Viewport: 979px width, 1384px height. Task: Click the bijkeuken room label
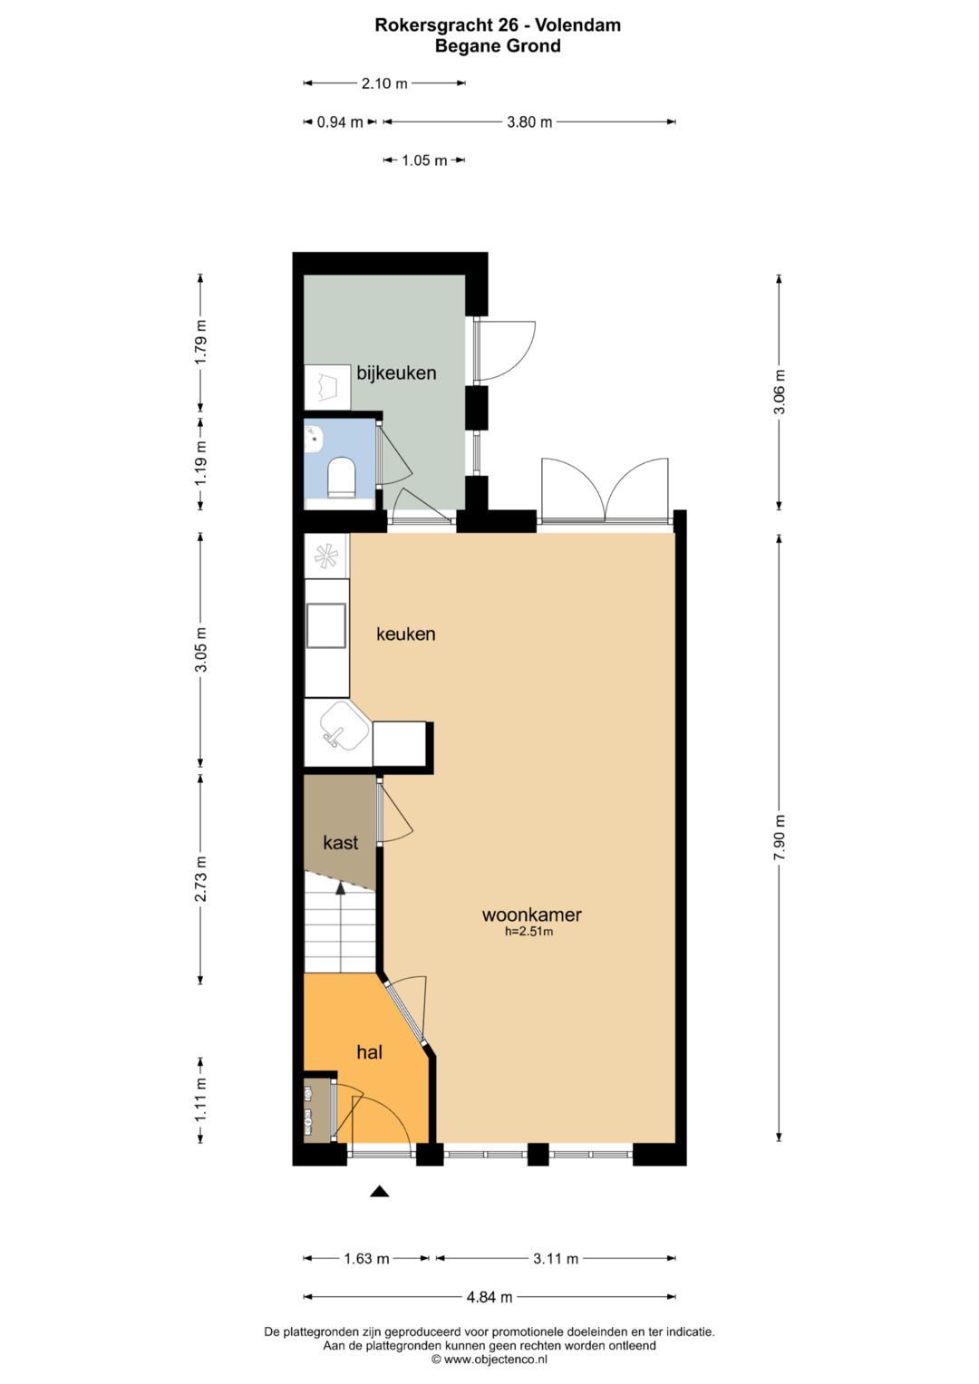[396, 373]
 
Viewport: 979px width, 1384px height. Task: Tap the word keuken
[406, 634]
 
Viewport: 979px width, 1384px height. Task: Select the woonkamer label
[531, 915]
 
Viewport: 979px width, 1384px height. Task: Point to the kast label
[341, 843]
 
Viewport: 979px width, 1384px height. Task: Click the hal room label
[369, 1052]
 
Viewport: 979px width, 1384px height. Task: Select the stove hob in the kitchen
[326, 555]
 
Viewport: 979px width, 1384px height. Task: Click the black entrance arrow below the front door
[379, 1192]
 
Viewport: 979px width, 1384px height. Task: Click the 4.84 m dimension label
[489, 1297]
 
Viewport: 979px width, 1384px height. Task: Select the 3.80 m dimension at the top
[529, 122]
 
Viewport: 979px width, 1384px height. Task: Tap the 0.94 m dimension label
[340, 122]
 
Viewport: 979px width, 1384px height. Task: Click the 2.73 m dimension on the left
[201, 879]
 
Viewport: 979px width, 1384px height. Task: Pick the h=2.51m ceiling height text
[529, 931]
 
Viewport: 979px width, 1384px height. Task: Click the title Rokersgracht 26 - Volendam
[498, 25]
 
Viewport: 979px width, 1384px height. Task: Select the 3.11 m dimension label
[556, 1258]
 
